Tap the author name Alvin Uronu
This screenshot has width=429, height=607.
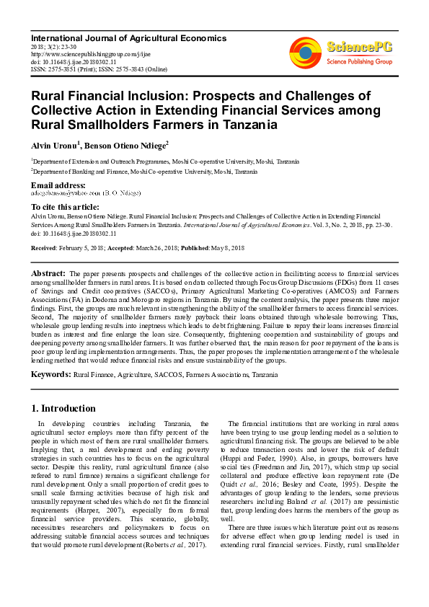pos(54,145)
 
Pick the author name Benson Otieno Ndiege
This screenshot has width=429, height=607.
pos(127,145)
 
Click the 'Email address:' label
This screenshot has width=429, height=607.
pos(60,185)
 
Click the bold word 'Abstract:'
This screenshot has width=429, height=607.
pos(48,274)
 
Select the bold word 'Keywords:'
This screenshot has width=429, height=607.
pos(50,375)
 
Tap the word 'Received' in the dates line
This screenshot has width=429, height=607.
pos(43,247)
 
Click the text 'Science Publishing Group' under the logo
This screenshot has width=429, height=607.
pos(359,63)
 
